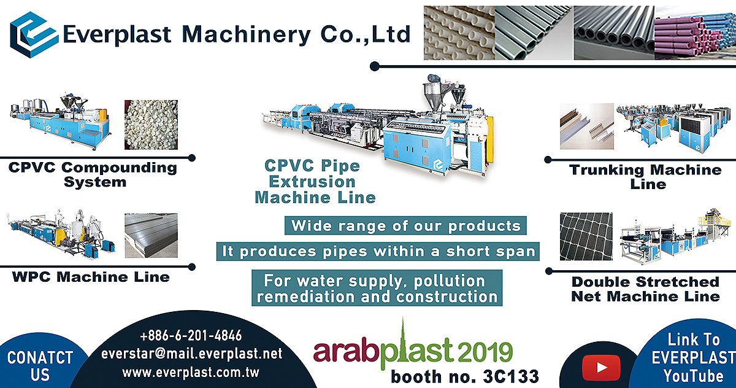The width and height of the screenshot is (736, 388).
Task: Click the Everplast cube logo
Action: [34, 35]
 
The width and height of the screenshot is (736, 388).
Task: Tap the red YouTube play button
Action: [601, 367]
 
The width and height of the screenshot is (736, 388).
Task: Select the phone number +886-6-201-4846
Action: [191, 336]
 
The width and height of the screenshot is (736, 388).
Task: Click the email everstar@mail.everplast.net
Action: [191, 354]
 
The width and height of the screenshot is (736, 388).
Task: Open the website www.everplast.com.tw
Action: [191, 373]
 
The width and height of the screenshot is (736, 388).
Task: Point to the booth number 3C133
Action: [511, 376]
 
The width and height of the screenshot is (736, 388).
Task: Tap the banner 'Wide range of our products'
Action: [405, 225]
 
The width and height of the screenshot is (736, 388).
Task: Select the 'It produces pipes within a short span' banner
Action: [378, 252]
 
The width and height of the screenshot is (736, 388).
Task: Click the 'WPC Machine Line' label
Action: [91, 277]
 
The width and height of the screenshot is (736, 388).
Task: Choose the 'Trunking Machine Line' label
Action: [645, 177]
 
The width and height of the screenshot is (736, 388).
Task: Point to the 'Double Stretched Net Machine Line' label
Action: [646, 289]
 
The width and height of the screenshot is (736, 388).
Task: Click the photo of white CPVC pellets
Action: [151, 125]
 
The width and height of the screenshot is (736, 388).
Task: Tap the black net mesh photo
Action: [586, 236]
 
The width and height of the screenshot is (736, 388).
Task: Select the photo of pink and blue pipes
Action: [695, 33]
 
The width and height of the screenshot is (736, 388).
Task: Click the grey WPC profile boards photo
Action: [151, 235]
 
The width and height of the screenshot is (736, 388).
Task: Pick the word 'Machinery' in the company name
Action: [246, 35]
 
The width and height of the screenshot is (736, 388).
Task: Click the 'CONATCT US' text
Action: [40, 367]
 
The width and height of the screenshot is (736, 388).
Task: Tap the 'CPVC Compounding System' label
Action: [93, 174]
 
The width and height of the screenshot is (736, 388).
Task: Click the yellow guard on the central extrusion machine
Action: [489, 140]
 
